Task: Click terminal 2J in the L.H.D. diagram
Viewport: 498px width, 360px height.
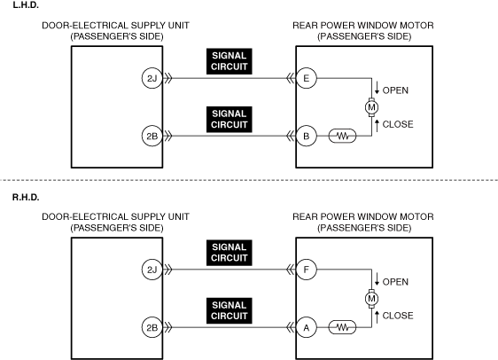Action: point(152,78)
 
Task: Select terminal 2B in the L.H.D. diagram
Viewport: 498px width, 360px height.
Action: point(152,136)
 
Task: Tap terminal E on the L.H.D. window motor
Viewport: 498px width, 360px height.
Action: point(307,78)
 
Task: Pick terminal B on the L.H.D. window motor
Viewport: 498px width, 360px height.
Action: point(307,136)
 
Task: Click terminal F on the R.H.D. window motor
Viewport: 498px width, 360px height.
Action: point(307,270)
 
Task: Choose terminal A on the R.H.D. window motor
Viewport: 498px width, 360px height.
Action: point(307,327)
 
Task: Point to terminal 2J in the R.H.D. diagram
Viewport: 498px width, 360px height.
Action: point(152,270)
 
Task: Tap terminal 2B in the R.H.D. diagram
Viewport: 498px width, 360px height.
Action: point(152,327)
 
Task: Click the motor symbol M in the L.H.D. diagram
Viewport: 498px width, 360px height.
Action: point(371,107)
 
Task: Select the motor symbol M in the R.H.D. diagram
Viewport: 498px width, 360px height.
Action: point(371,299)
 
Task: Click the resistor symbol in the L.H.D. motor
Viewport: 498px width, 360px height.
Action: point(342,136)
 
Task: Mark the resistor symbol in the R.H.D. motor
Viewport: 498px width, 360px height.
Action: point(342,327)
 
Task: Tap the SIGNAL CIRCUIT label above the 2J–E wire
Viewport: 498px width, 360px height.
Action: point(229,61)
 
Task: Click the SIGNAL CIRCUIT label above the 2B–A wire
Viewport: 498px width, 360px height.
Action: point(229,310)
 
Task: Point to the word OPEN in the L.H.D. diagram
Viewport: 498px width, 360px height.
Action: point(395,90)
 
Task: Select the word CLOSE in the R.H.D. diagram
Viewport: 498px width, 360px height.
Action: point(398,316)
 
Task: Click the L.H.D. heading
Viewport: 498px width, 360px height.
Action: point(26,5)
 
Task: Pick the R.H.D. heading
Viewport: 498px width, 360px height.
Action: point(26,198)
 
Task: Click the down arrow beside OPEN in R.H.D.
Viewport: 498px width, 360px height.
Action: point(377,278)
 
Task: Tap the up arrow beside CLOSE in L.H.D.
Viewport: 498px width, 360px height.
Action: point(377,126)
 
